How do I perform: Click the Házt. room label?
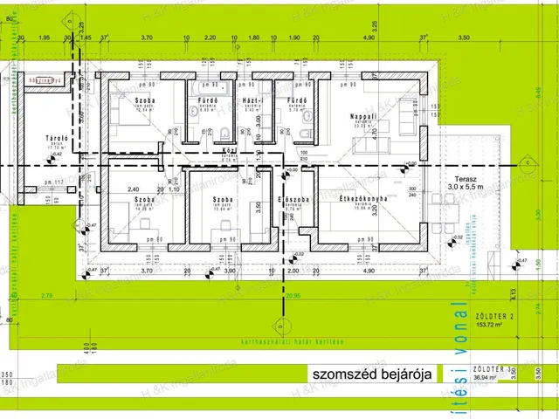(250, 100)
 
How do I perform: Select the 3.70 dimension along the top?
(147, 38)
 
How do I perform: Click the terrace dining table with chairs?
(449, 208)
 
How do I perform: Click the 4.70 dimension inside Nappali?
(374, 134)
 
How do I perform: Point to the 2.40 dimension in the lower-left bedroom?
(134, 189)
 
